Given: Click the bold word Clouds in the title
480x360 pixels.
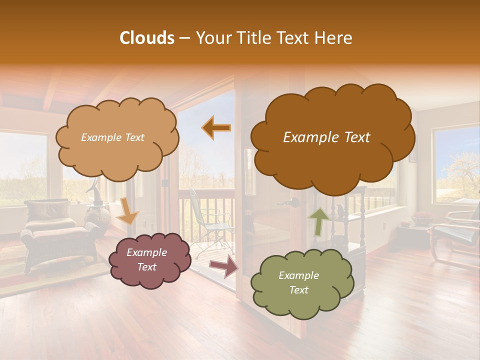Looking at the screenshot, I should coord(147,38).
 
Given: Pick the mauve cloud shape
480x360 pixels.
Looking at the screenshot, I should coord(148,260).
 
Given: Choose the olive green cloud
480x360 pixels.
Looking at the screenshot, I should coord(300,283).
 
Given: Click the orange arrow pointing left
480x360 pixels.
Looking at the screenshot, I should coord(216,128).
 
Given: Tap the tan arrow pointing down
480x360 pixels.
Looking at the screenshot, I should coord(127,212).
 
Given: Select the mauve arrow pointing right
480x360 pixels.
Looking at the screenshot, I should coord(223,266).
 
